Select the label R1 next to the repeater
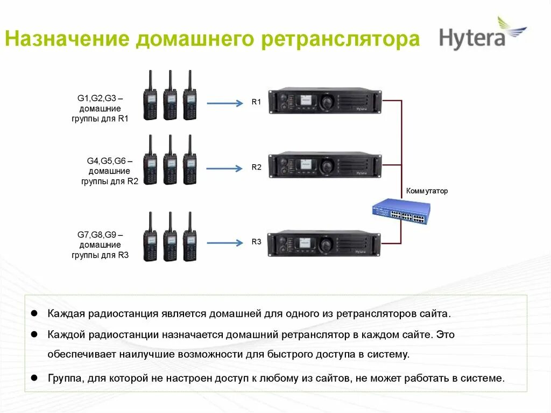(x=256, y=102)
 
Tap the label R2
(x=256, y=167)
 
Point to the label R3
(x=256, y=242)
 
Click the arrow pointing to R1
(x=225, y=103)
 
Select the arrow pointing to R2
(x=225, y=169)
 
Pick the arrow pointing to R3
(x=225, y=243)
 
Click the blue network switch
(x=401, y=212)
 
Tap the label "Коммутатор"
(x=427, y=191)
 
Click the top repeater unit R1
(x=325, y=101)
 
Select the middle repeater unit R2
(x=325, y=165)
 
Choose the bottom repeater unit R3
(x=325, y=244)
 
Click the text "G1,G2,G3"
(x=96, y=99)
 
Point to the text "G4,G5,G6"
(x=106, y=161)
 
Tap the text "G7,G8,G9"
(x=96, y=235)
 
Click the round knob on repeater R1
(x=326, y=101)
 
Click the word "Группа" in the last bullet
(x=63, y=378)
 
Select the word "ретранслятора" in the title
(x=341, y=40)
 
